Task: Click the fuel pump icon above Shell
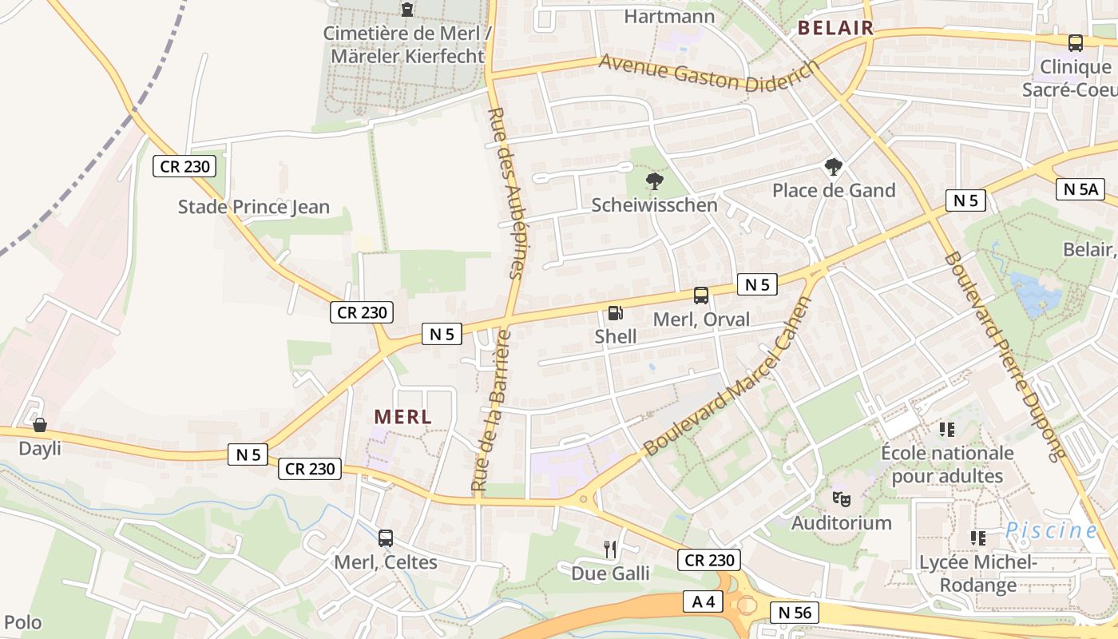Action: pos(615,313)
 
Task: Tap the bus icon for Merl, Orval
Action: pos(701,296)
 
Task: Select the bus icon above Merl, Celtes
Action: pos(386,538)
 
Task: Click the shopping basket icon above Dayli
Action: pos(39,425)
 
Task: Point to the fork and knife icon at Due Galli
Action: pos(610,549)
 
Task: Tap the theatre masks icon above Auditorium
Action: pos(841,499)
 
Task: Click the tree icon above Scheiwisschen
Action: pos(655,181)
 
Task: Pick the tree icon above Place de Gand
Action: pos(834,167)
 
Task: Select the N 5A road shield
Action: pos(1080,189)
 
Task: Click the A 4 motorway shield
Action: pos(704,601)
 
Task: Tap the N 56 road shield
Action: pos(795,613)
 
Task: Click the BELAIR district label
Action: pos(835,29)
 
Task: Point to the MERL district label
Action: pos(402,416)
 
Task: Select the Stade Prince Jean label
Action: pos(253,207)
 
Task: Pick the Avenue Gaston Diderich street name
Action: pos(708,75)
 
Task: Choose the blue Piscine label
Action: pos(1052,530)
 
